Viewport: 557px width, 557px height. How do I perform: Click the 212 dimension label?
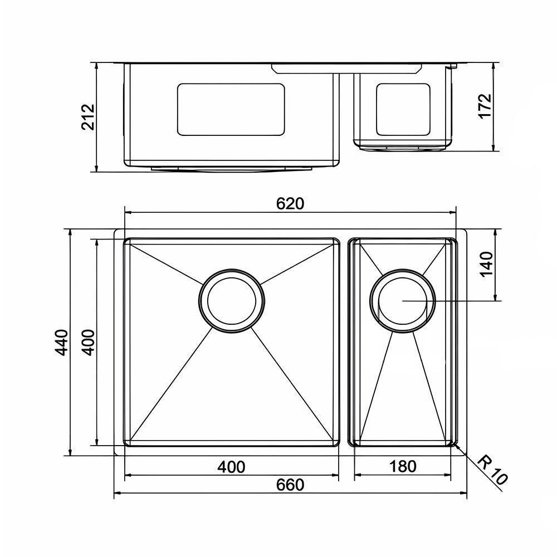pos(89,117)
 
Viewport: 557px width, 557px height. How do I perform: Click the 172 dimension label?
pos(486,106)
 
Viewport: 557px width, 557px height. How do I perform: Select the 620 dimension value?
pos(290,204)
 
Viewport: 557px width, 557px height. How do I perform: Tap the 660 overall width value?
pos(290,485)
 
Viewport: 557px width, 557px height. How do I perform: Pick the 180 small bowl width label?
pos(403,466)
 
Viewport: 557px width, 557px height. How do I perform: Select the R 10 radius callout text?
pos(492,471)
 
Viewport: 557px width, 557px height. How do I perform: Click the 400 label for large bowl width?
pos(231,466)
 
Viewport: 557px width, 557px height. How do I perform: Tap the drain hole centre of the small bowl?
pos(403,301)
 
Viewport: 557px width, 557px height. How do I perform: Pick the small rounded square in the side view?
pos(403,109)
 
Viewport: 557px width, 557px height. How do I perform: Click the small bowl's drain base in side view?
pos(403,148)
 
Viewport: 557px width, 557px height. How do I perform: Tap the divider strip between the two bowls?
pos(344,343)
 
